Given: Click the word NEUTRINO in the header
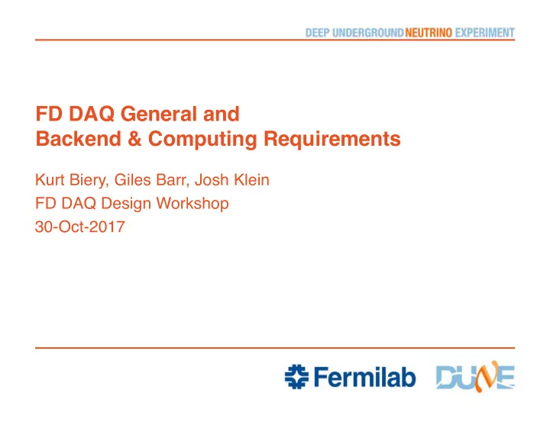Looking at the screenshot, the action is tap(429, 33).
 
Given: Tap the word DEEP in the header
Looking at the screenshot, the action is tap(318, 33).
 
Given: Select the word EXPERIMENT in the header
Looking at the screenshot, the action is tap(485, 33).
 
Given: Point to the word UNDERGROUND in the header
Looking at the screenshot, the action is tap(368, 33).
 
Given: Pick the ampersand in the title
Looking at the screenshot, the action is tap(134, 139).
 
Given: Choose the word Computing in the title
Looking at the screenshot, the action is tap(202, 140).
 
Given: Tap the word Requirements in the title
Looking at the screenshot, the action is tap(332, 140).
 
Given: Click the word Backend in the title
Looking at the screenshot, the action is tap(78, 139).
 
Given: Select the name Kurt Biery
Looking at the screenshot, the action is tap(70, 180).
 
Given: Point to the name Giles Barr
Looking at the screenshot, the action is tap(150, 180).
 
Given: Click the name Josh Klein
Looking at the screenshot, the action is tap(232, 180).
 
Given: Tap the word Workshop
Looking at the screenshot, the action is tap(192, 204).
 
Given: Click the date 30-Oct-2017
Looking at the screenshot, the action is tap(80, 227).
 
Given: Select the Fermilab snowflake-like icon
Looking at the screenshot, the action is tap(296, 377).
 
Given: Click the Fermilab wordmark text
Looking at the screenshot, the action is tap(365, 377).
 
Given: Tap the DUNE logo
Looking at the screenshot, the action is tap(475, 377).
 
